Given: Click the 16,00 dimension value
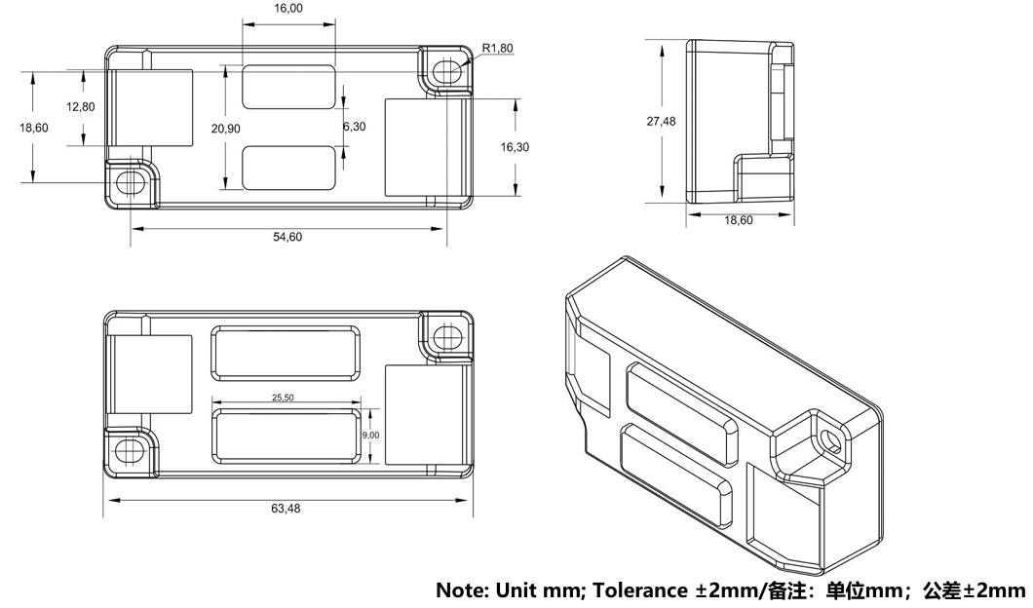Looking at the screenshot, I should (288, 8).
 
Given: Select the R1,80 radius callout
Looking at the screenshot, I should (497, 48).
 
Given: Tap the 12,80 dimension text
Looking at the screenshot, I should (81, 107).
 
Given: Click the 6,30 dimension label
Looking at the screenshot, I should (355, 127).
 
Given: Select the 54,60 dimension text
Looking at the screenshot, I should (287, 238).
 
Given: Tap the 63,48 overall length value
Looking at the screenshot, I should (287, 509).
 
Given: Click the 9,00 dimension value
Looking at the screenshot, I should (371, 436).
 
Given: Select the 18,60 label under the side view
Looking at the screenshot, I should (739, 220).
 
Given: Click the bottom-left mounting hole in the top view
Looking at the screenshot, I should (129, 182).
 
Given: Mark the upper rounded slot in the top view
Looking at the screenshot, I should (288, 86).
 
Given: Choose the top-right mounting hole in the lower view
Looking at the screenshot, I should (448, 337).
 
